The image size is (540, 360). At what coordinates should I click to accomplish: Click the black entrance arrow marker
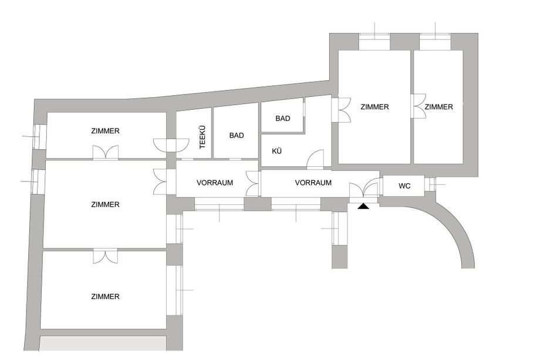(x=363, y=206)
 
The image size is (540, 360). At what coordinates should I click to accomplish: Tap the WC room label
(x=404, y=186)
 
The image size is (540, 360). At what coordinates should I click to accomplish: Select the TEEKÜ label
(x=203, y=137)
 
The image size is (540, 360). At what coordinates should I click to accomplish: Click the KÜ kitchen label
(x=277, y=152)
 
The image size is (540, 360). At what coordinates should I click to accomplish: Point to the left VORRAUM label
(x=215, y=183)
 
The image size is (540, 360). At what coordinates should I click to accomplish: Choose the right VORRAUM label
(x=313, y=183)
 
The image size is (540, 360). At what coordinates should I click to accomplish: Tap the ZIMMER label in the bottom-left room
(x=106, y=297)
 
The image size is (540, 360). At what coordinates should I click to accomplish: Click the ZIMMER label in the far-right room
(x=438, y=107)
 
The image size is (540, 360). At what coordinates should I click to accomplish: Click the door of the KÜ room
(x=315, y=159)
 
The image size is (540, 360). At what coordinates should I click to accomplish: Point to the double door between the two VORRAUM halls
(x=253, y=183)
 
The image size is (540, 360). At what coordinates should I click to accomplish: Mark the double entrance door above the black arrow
(x=364, y=190)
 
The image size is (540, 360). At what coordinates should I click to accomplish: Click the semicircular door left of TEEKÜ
(x=171, y=145)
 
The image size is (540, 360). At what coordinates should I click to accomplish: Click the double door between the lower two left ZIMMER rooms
(x=106, y=256)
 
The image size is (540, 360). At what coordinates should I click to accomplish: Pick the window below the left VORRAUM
(x=219, y=206)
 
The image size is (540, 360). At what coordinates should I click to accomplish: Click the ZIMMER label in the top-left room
(x=106, y=131)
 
